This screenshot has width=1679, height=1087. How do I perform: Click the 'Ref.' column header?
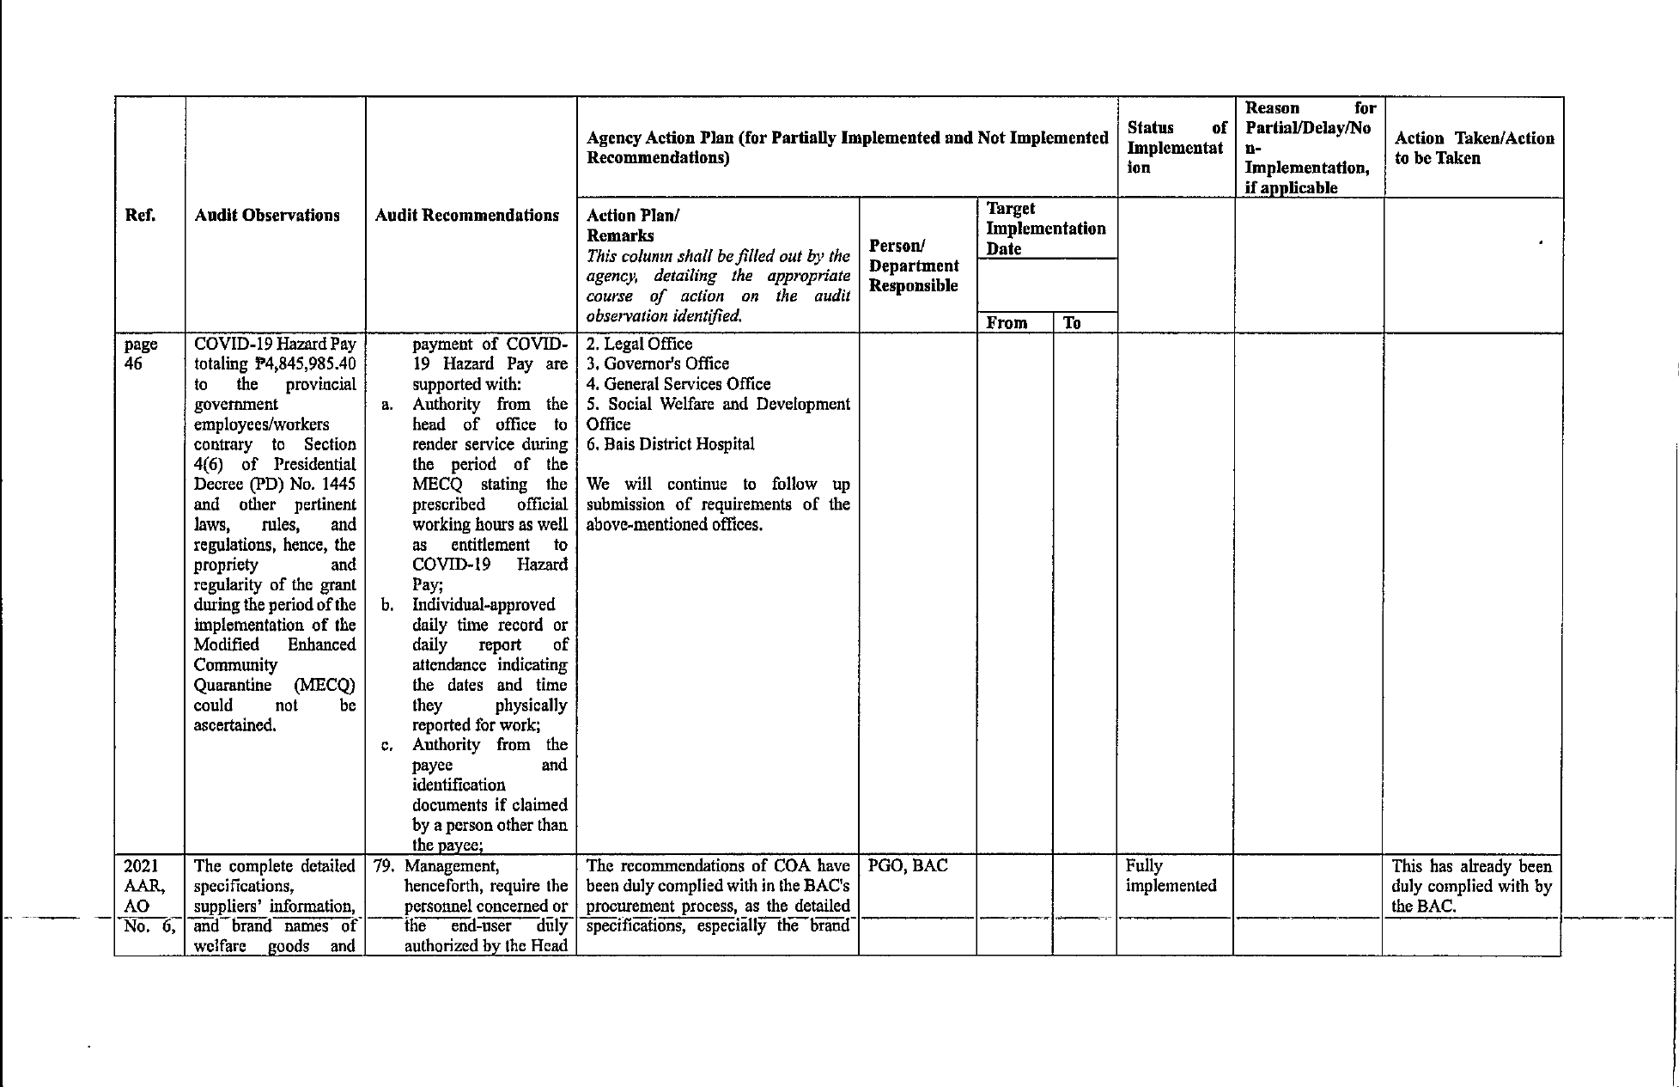coord(140,215)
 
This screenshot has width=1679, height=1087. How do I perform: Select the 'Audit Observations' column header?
coord(267,215)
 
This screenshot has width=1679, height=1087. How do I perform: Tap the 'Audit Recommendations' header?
coord(467,215)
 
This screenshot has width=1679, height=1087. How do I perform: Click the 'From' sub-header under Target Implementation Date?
coord(1007,323)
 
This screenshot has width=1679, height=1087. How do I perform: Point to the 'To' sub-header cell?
coord(1072,323)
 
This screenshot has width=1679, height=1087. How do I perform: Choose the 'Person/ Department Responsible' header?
coord(914,266)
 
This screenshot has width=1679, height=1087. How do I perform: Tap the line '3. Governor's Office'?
coord(658,364)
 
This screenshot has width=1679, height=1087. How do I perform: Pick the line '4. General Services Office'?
coord(678,384)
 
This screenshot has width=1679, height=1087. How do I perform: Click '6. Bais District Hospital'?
coord(670,444)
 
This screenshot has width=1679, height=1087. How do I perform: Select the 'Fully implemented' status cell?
coord(1171,876)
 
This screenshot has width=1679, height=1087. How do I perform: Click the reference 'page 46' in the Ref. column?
coord(141,354)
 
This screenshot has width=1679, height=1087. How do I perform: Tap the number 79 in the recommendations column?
coord(383,866)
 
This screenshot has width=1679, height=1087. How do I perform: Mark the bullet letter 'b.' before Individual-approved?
coord(387,605)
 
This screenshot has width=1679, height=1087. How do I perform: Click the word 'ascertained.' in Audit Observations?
coord(235,725)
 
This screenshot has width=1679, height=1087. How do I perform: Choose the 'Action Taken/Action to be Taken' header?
coord(1474,148)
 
